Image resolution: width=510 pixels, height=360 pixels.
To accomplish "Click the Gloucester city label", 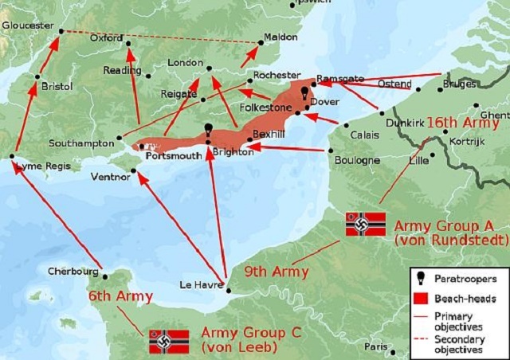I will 26,25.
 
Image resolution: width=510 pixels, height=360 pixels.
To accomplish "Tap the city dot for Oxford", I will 127,44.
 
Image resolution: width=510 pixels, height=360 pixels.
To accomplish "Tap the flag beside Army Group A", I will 365,224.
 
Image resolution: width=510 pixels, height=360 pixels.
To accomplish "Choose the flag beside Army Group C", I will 169,341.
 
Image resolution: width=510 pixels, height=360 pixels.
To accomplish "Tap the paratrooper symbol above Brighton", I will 207,130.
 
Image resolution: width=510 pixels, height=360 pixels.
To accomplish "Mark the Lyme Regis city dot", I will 12,156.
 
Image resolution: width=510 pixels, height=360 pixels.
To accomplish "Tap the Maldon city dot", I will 262,42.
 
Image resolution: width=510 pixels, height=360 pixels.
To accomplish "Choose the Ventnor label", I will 111,176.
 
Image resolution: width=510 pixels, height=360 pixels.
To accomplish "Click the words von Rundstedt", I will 450,239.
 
